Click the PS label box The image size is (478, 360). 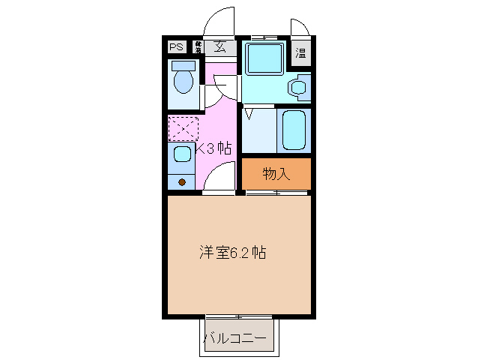[176, 47]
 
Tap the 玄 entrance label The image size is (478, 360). [220, 46]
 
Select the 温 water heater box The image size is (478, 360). [300, 52]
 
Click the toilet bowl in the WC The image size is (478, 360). [184, 80]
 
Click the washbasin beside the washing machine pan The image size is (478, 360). [299, 88]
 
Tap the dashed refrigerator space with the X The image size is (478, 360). [182, 128]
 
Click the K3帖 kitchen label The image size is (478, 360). [214, 148]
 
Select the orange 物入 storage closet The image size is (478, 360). [276, 174]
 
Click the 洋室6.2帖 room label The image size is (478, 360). [232, 253]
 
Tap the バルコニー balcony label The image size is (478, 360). [235, 338]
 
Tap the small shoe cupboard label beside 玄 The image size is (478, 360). [199, 46]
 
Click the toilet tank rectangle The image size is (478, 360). [184, 65]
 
